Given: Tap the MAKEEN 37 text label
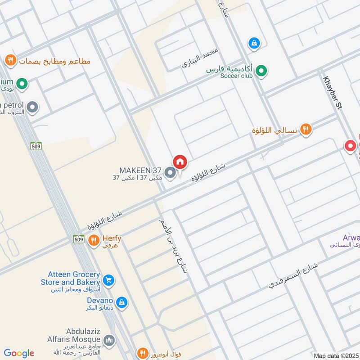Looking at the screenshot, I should tap(139, 171).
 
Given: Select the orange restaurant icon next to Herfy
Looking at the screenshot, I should tap(94, 241).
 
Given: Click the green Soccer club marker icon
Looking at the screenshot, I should tap(261, 71).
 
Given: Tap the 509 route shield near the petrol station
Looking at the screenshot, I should tap(36, 146).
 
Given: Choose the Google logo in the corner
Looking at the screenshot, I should tap(18, 353).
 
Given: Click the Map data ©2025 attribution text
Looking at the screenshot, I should tap(336, 355).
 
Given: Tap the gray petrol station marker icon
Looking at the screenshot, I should tap(32, 107).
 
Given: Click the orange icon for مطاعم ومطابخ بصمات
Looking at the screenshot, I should tap(10, 60).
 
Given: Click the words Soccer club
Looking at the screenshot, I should tap(236, 76).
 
